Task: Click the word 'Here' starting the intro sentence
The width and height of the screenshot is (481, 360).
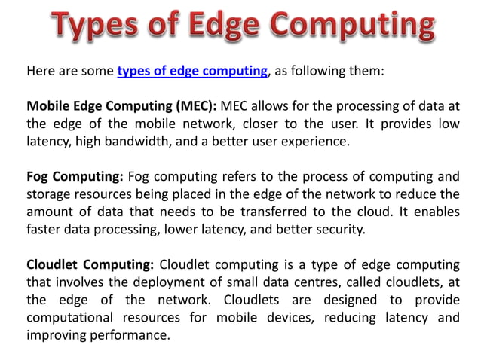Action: (x=41, y=72)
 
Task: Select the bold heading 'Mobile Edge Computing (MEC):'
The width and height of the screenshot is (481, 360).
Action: (x=121, y=105)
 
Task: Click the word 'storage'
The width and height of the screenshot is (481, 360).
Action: (x=49, y=195)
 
